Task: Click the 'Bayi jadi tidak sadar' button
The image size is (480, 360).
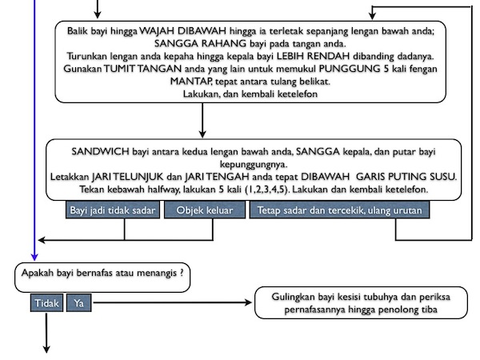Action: (x=113, y=210)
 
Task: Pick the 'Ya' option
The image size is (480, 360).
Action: (x=78, y=304)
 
